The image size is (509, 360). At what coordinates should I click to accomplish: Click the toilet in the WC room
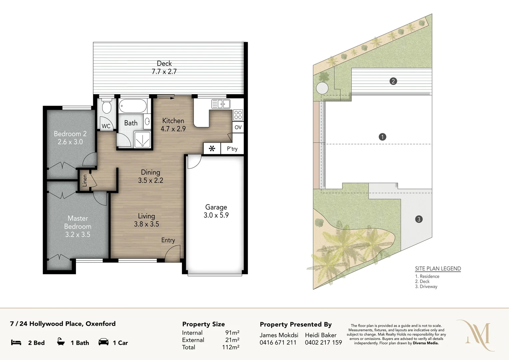click(x=107, y=106)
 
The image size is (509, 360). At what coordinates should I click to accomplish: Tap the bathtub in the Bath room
click(x=133, y=106)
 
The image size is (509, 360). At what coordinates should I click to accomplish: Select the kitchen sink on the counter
click(x=221, y=104)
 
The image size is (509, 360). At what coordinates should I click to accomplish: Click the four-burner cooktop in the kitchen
click(x=238, y=115)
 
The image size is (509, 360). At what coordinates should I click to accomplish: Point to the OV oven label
click(x=238, y=127)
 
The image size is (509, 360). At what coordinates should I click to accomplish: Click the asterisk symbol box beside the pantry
click(x=212, y=149)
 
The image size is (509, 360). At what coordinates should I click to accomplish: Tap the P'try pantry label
click(x=232, y=149)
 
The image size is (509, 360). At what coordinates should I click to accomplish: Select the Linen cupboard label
click(x=85, y=180)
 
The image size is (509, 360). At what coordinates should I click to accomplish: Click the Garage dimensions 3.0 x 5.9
click(x=216, y=215)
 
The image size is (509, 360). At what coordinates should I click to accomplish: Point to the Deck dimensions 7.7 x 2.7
click(x=164, y=71)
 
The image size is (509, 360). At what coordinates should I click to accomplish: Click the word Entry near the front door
click(x=168, y=240)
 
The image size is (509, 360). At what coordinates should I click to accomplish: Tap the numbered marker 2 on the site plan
click(x=393, y=81)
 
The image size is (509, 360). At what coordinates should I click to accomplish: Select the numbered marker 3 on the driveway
click(x=419, y=219)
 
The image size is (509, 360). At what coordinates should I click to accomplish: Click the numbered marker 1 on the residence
click(x=382, y=137)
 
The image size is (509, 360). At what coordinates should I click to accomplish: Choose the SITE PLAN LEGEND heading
click(x=438, y=269)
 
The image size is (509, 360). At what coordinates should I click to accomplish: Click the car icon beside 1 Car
click(x=104, y=342)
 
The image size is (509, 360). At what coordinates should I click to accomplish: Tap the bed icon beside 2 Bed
click(x=16, y=342)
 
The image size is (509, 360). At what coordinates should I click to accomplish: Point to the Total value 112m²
click(x=231, y=347)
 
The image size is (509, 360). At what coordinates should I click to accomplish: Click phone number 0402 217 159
click(x=323, y=342)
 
